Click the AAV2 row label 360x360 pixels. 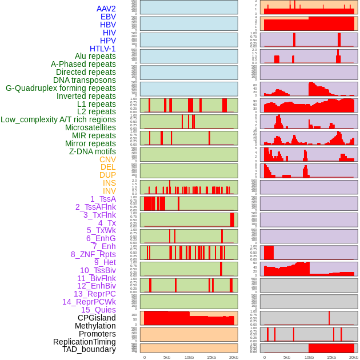coord(106,9)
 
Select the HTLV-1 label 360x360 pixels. coord(102,49)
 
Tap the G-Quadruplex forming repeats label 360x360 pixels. coord(61,88)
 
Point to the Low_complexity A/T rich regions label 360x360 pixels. coord(58,119)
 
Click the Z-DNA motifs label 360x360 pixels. coord(92,151)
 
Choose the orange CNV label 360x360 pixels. coord(107,159)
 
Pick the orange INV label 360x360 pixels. coord(109,191)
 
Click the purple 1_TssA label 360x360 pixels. coord(103,199)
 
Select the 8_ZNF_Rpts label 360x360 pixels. coord(93,254)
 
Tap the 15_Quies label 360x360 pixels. coord(98,310)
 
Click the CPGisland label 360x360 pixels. coord(97,318)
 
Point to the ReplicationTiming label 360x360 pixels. coord(85,342)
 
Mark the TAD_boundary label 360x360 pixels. coord(89,349)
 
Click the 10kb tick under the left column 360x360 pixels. coord(189,357)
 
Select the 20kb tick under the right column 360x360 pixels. coord(354,357)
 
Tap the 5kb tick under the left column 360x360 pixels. coord(166,357)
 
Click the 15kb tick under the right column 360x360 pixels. coord(331,357)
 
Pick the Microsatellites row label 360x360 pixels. coord(90,127)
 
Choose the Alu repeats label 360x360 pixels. coord(95,56)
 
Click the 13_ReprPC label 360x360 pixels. coord(94,294)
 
